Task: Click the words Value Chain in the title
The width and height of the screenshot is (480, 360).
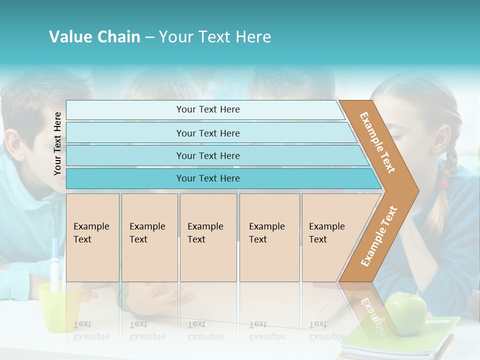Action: (x=94, y=37)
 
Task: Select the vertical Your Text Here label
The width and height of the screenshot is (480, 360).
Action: (x=57, y=144)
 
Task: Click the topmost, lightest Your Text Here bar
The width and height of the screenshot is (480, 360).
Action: (x=208, y=109)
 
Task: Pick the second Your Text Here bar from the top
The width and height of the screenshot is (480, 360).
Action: (x=208, y=133)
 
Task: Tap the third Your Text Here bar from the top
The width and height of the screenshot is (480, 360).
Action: (x=208, y=155)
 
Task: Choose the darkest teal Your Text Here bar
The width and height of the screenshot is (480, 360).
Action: (x=208, y=178)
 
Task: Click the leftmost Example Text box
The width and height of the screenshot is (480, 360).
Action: (x=92, y=237)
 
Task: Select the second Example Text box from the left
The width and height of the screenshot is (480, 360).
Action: (x=149, y=237)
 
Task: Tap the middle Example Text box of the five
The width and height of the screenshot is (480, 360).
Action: (x=208, y=237)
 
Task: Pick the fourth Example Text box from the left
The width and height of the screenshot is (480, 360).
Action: (x=269, y=237)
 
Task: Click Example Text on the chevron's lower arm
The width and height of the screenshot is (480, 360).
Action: (x=378, y=236)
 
